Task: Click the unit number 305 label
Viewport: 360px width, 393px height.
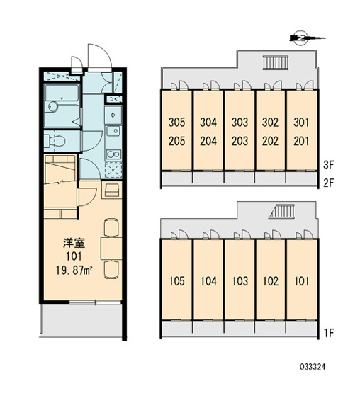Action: [x=176, y=122]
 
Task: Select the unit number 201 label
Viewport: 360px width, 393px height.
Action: [x=301, y=141]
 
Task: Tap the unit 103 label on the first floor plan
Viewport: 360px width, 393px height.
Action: [x=240, y=281]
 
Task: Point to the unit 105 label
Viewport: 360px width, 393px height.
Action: [x=176, y=281]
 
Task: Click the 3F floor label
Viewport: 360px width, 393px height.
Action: [x=329, y=165]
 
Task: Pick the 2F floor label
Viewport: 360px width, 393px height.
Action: [x=329, y=183]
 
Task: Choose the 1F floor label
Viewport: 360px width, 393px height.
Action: [x=329, y=333]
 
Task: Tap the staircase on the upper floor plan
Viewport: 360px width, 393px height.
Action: [x=276, y=62]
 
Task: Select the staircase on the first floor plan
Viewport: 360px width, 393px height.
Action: [x=281, y=211]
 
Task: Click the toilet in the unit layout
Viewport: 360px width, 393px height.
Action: [x=55, y=141]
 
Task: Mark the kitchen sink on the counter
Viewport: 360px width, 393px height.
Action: [x=113, y=131]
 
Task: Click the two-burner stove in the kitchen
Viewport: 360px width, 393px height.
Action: [x=113, y=154]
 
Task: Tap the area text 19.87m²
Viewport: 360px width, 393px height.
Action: [x=74, y=270]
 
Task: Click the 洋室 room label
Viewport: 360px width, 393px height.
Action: [x=74, y=243]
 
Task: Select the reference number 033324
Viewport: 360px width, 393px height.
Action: [x=313, y=367]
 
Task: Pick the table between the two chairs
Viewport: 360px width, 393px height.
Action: [x=111, y=249]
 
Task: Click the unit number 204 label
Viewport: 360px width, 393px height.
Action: [x=208, y=141]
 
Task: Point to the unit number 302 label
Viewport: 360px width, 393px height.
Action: [x=270, y=122]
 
